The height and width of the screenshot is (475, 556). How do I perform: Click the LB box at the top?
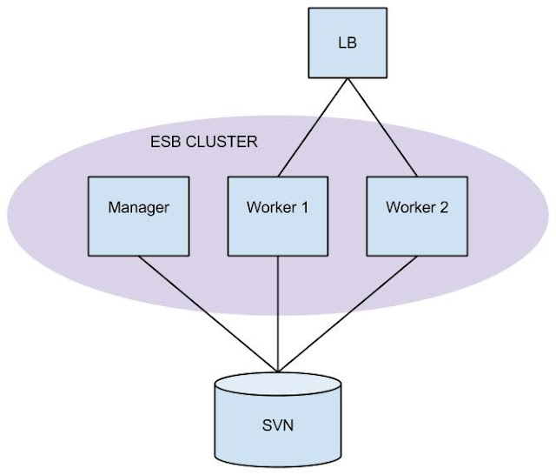pyautogui.click(x=347, y=41)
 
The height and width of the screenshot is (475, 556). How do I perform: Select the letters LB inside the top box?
pyautogui.click(x=347, y=41)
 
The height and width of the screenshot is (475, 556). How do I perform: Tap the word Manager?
pyautogui.click(x=137, y=208)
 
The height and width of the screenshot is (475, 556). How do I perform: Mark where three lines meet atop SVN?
pyautogui.click(x=278, y=371)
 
